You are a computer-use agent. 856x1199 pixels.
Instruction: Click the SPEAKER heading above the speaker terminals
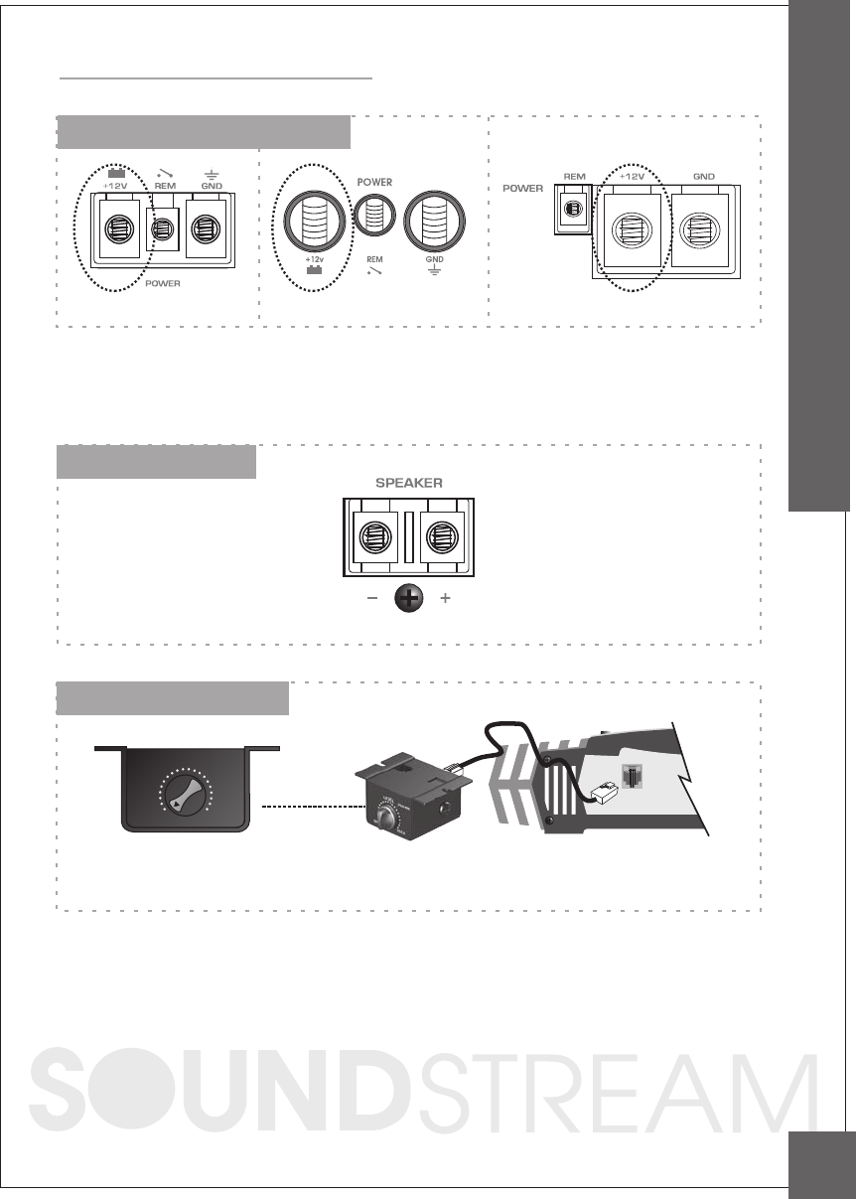pyautogui.click(x=408, y=481)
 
